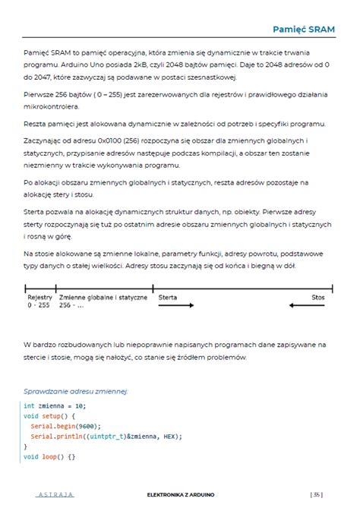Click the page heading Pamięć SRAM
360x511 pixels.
[305, 28]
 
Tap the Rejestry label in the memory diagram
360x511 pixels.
[40, 297]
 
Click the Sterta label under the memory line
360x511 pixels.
[167, 297]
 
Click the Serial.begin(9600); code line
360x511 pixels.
[65, 426]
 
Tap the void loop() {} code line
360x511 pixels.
[49, 457]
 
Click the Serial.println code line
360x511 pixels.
[104, 437]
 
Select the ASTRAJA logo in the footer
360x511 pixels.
[55, 494]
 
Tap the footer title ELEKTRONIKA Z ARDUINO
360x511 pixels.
[181, 494]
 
